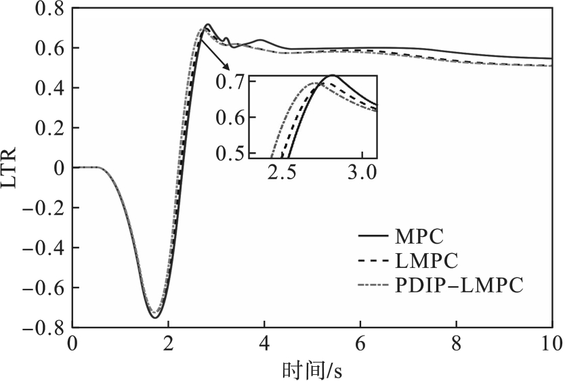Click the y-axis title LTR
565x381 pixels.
10,167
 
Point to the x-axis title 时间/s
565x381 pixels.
311,368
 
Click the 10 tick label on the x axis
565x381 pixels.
551,343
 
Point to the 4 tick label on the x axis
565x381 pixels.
264,343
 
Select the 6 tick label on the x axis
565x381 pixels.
360,343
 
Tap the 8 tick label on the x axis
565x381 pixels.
456,343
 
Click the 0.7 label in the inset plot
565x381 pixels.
232,83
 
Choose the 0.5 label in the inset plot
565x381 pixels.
232,152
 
